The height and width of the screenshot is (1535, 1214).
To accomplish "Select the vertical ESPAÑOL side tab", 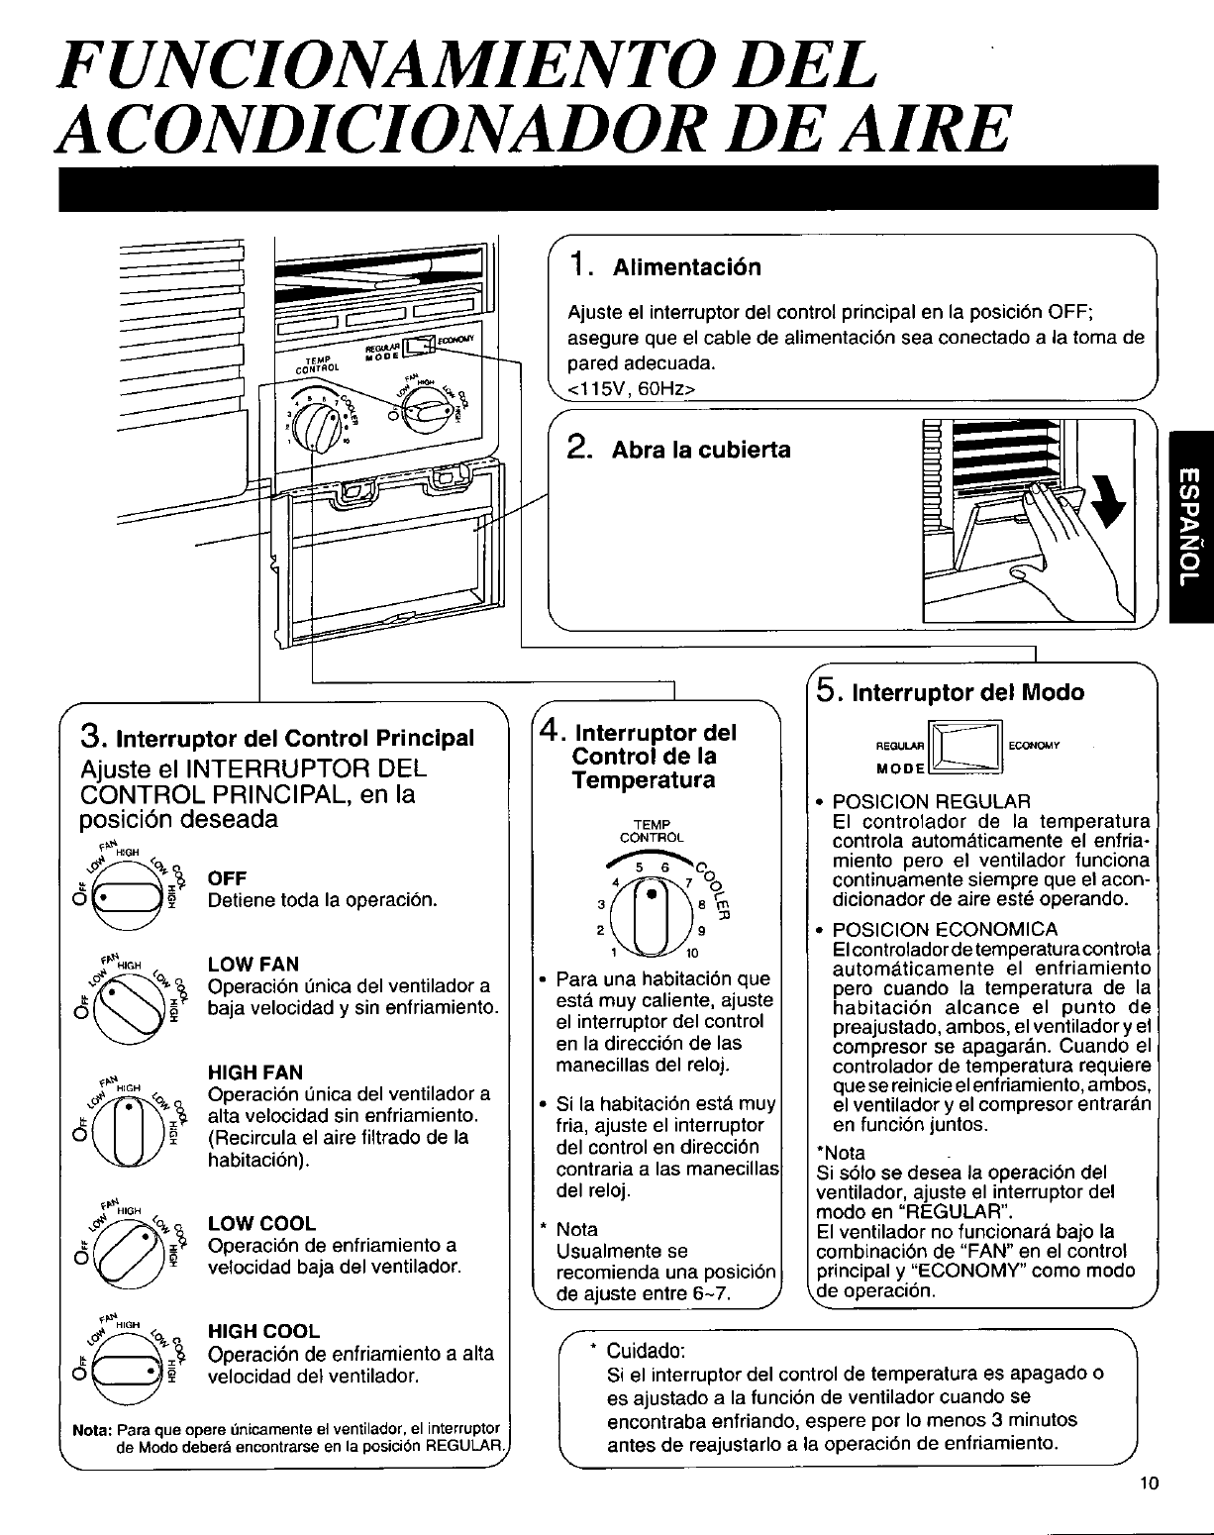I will [x=1191, y=527].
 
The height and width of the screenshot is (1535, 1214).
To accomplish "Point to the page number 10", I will [x=1148, y=1483].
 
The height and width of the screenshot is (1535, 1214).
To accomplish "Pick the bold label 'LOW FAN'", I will [x=253, y=964].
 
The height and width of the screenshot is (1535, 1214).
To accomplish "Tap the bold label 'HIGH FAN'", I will [x=255, y=1072].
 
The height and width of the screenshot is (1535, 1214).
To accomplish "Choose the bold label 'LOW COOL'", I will [x=261, y=1223].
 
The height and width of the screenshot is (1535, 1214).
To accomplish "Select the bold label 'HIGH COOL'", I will [x=263, y=1331].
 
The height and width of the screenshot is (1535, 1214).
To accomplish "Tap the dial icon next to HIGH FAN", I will [x=125, y=1132].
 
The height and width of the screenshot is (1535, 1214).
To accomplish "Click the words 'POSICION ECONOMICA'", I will [x=945, y=929].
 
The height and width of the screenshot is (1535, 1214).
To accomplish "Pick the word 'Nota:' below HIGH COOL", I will [x=93, y=1428].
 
